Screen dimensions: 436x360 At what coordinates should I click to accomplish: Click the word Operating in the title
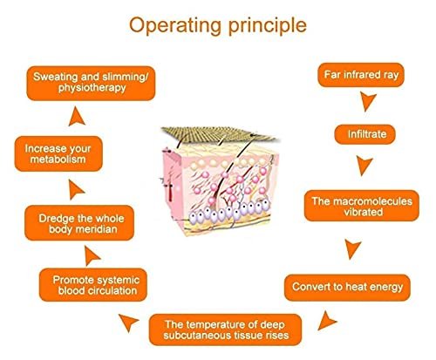tap(175, 26)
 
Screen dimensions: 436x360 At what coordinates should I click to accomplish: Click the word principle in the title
tap(268, 26)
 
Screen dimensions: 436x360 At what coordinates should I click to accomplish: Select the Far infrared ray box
tap(361, 75)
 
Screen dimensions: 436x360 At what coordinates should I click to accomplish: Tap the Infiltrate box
tap(365, 134)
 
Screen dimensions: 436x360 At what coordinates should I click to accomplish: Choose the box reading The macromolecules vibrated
tap(362, 206)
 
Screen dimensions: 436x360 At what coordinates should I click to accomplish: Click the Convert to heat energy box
tap(347, 288)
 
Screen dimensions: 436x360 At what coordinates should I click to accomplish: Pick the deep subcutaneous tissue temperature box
tap(226, 329)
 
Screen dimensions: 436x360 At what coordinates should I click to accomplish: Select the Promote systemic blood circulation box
tap(93, 285)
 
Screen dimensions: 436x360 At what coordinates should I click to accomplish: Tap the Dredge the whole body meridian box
tap(79, 223)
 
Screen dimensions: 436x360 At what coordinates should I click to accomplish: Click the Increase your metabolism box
tap(58, 153)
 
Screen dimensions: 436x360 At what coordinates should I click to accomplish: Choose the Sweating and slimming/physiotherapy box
tap(91, 84)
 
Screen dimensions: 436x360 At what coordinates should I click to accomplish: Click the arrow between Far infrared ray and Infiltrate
tap(367, 101)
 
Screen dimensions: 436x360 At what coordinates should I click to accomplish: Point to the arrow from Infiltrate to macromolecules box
tap(364, 166)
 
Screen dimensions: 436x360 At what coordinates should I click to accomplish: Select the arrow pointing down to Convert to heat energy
tap(352, 249)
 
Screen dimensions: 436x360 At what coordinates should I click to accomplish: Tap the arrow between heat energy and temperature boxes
tap(326, 321)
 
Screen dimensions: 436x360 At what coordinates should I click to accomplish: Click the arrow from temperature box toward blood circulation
tap(129, 322)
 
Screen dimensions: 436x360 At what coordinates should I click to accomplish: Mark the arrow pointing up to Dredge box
tap(92, 256)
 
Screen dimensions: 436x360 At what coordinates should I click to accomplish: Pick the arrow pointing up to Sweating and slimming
tap(77, 117)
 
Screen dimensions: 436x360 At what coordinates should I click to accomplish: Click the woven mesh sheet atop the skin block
tap(219, 134)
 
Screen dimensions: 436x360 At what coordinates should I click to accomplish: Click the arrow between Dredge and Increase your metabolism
tap(76, 189)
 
